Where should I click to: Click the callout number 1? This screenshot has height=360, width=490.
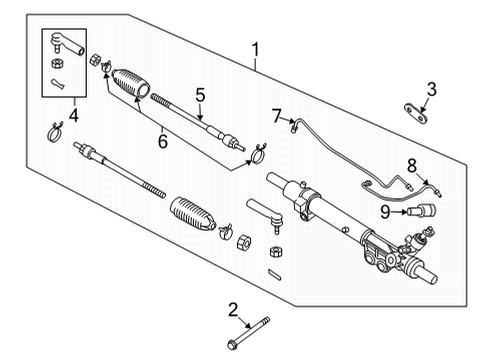pyautogui.click(x=257, y=49)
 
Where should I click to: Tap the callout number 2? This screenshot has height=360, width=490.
pyautogui.click(x=232, y=309)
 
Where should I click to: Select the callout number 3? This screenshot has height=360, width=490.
pyautogui.click(x=431, y=91)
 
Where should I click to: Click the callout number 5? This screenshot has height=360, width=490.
pyautogui.click(x=200, y=96)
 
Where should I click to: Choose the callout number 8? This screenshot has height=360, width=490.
pyautogui.click(x=411, y=165)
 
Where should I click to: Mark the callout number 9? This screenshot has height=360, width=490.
pyautogui.click(x=385, y=211)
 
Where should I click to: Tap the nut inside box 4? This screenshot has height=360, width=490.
pyautogui.click(x=57, y=64)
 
